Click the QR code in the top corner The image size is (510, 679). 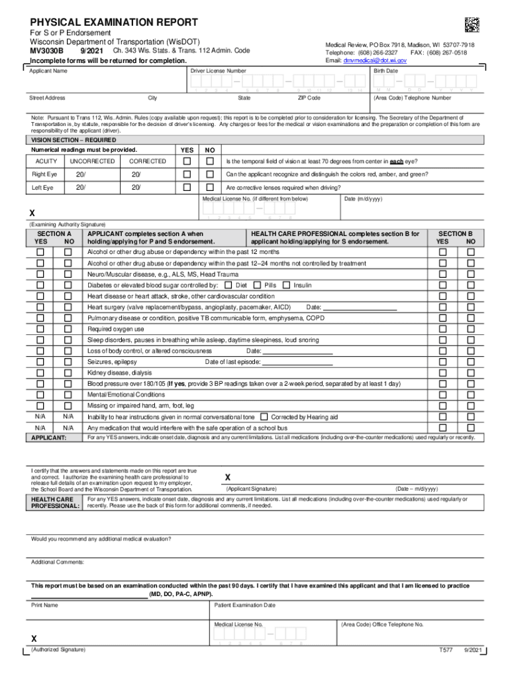[x=471, y=25]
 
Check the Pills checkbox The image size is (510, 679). [x=258, y=285]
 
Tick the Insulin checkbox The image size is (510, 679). [x=286, y=285]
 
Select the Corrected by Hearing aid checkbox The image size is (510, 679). [x=264, y=417]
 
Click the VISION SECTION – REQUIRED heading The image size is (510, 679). [x=74, y=140]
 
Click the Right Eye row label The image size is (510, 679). [x=45, y=174]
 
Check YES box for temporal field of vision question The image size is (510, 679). [x=187, y=161]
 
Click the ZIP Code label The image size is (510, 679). [x=309, y=98]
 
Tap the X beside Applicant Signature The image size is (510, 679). [x=228, y=477]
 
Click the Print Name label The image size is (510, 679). [x=45, y=605]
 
